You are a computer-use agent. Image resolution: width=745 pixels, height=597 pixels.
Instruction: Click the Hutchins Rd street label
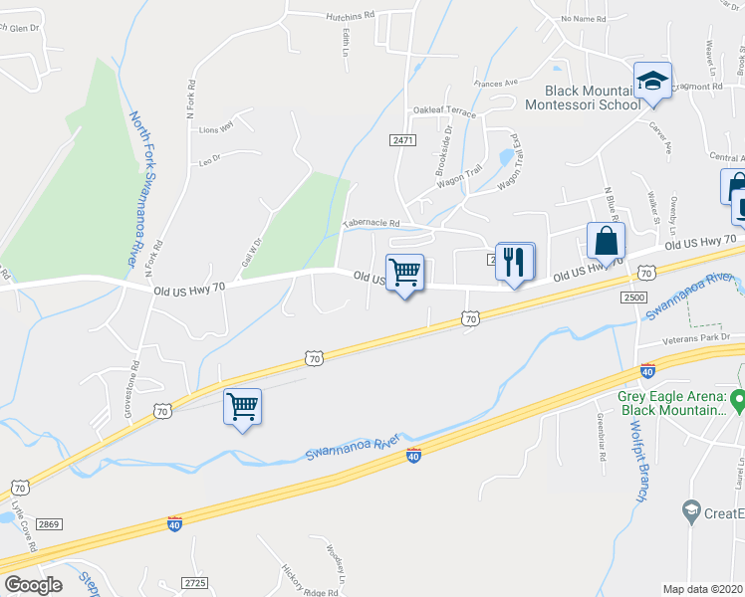tap(349, 16)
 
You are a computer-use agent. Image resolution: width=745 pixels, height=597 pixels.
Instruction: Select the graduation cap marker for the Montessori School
tap(652, 81)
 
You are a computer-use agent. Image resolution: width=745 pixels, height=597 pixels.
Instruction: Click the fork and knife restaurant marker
tap(514, 262)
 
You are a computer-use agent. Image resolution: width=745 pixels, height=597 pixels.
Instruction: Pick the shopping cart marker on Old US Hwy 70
tap(404, 272)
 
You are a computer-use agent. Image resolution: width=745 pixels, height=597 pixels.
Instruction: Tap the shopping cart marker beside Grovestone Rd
tap(242, 406)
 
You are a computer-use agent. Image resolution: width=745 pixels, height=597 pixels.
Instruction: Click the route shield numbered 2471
tap(402, 141)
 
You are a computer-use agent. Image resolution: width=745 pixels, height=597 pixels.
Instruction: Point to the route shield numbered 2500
tap(632, 298)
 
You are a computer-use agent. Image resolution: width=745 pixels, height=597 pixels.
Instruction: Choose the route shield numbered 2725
tap(196, 582)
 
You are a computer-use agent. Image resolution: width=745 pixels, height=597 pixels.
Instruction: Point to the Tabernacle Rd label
tap(372, 224)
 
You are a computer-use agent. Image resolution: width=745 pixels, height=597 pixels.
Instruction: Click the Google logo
tap(33, 585)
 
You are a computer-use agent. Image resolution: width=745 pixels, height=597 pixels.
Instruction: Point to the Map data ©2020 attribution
tap(702, 589)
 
